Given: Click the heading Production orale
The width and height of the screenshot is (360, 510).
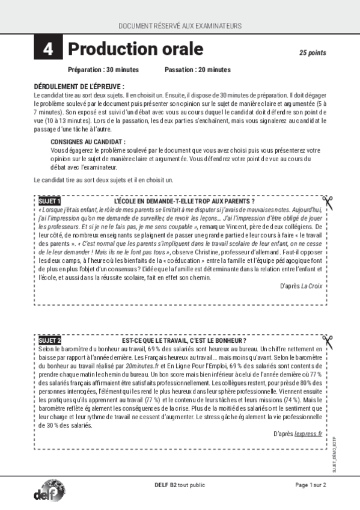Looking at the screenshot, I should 135,49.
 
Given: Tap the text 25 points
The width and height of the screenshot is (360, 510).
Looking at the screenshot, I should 313,53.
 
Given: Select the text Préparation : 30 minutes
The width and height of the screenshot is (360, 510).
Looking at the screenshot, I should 103,70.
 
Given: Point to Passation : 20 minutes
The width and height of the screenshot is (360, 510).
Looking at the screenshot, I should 197,70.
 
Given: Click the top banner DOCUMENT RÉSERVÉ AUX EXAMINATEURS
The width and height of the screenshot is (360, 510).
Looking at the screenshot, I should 180,26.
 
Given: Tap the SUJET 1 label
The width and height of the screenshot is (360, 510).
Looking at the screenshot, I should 49,201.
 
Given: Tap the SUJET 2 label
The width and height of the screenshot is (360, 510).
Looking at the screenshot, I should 49,340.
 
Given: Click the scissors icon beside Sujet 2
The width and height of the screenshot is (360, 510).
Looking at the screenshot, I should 328,342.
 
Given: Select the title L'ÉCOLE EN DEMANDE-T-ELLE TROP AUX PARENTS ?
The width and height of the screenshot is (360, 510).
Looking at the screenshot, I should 184,201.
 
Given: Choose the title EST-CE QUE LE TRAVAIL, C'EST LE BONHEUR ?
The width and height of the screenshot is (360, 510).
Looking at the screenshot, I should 184,340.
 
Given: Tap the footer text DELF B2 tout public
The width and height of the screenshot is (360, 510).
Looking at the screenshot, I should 180,485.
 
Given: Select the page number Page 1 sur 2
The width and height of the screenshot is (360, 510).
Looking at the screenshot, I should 310,485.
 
